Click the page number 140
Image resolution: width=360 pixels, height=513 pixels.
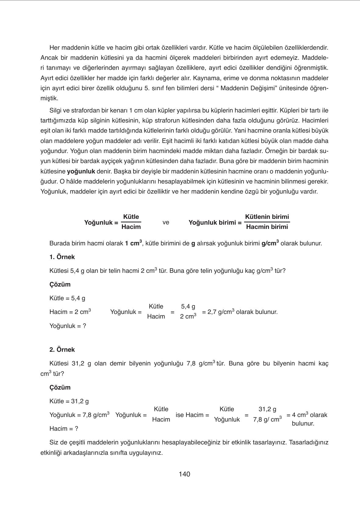[x=184, y=474]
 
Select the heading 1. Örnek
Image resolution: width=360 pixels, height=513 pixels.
[x=62, y=257]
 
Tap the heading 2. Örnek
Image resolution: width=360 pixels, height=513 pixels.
[x=62, y=350]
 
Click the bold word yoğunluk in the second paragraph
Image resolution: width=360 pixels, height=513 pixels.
[x=81, y=171]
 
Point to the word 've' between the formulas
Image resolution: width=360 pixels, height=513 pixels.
[x=166, y=223]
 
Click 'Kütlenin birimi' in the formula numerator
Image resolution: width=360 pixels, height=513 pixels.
[x=267, y=217]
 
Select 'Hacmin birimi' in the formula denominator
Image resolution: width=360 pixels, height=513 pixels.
[x=267, y=227]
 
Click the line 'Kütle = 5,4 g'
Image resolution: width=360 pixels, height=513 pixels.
[x=67, y=298]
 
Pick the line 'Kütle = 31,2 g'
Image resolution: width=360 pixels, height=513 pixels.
[x=69, y=401]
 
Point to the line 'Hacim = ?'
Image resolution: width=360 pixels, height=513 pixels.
[x=64, y=429]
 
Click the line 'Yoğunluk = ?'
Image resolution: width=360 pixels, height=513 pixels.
[x=68, y=326]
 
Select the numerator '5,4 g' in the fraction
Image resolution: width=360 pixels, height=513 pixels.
[x=188, y=306]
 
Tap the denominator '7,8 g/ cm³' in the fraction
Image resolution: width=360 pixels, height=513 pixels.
[x=267, y=419]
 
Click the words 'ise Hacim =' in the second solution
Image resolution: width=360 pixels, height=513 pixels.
[x=192, y=415]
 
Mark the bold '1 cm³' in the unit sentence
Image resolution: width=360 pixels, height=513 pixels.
[x=133, y=243]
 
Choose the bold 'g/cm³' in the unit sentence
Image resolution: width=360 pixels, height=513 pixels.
[x=270, y=243]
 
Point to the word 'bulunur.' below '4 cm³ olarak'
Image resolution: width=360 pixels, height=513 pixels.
[x=303, y=423]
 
